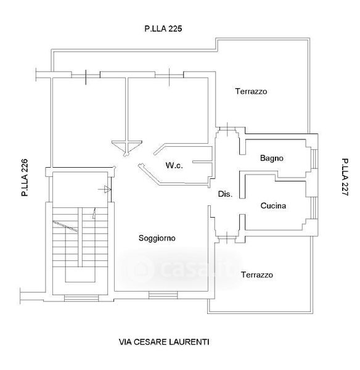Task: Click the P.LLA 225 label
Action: pos(163,28)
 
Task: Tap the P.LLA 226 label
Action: pos(25,178)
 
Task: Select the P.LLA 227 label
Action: pos(345,177)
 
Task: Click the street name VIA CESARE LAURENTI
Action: pos(164,342)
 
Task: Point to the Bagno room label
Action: pos(271,158)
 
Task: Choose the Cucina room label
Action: pos(273,205)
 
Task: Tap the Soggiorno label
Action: pos(157,238)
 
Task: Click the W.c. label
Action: pos(174,165)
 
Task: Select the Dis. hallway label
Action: pos(225,194)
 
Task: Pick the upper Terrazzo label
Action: pos(251,91)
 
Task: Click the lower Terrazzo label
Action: pos(256,274)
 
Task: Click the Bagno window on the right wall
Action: pos(314,159)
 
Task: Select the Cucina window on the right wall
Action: pos(314,208)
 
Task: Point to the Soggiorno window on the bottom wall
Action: pos(163,295)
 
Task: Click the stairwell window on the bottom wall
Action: pos(81,298)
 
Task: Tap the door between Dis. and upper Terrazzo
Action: pos(227,129)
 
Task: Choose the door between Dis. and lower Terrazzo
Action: pos(227,237)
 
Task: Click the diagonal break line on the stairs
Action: pos(65,226)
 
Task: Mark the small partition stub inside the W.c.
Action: pos(202,162)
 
